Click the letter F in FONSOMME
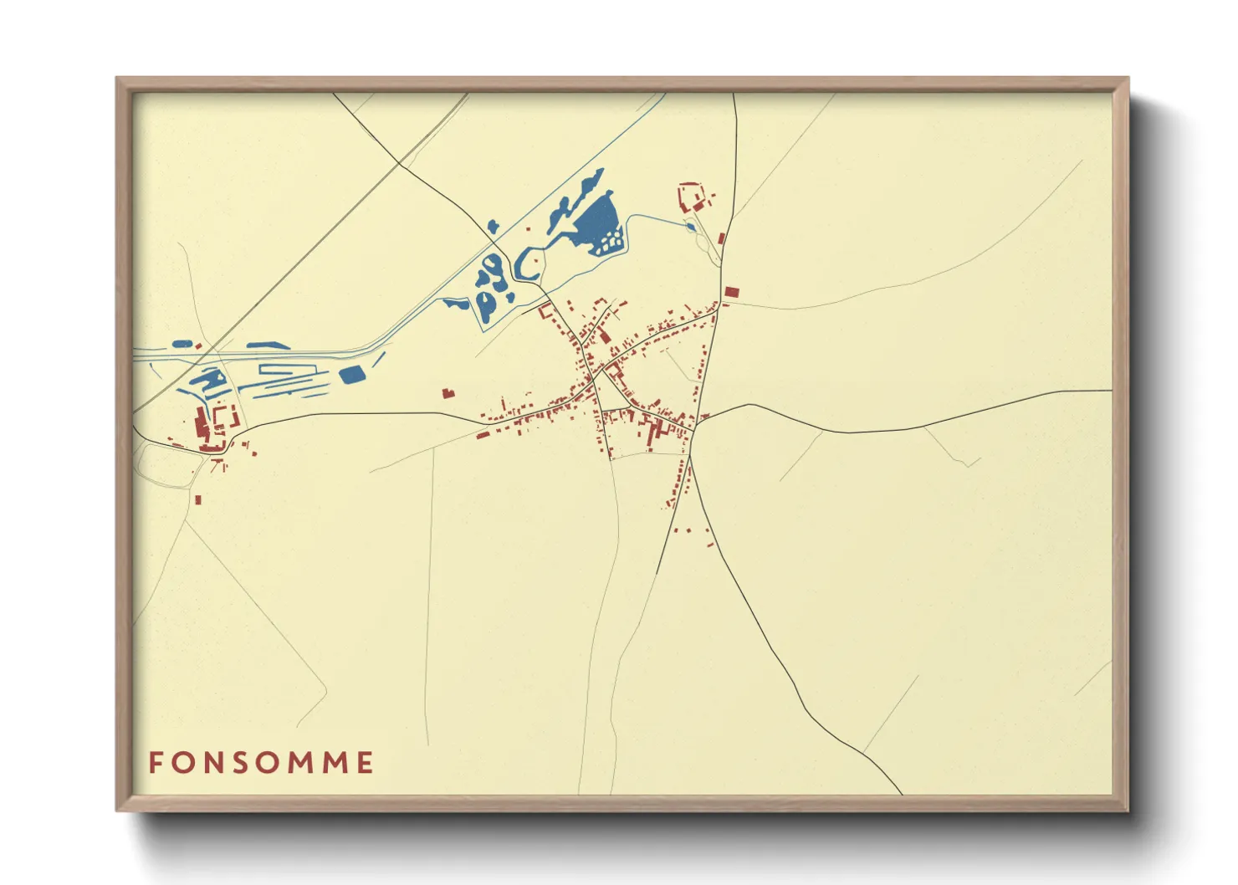(156, 763)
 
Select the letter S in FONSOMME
(241, 763)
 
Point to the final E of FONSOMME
(364, 763)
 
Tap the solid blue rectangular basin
(352, 375)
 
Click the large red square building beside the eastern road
(732, 292)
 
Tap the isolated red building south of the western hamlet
(198, 500)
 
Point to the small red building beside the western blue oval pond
(199, 345)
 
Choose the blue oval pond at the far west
(182, 343)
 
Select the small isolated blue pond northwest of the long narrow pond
(492, 226)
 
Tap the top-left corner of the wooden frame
(117, 79)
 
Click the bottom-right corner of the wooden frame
(1128, 810)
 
